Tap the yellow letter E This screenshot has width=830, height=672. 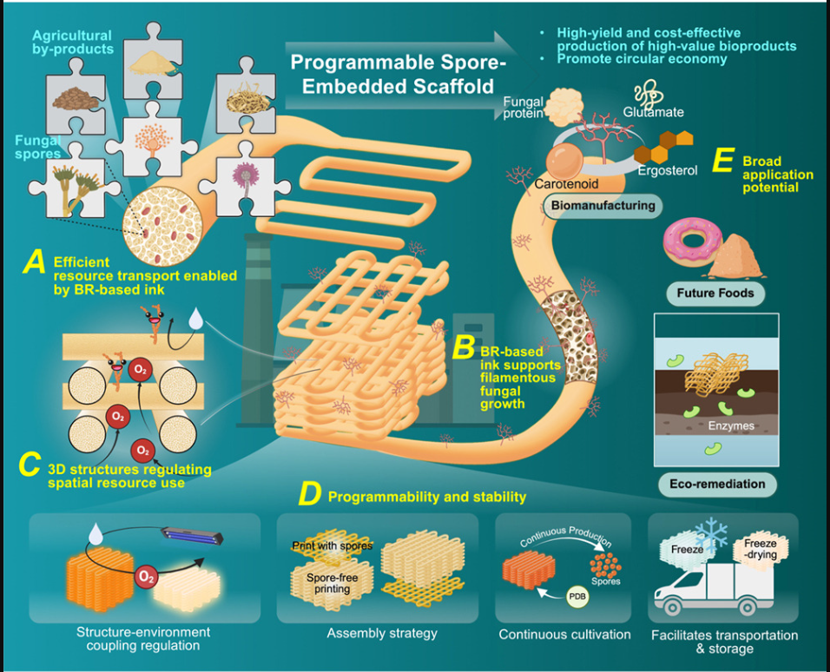[719, 165]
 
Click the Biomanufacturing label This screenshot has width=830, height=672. [601, 206]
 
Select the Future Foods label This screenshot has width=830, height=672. [715, 293]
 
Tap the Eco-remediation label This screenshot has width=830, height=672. [715, 483]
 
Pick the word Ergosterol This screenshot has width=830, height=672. [669, 171]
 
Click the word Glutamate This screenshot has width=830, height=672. [653, 112]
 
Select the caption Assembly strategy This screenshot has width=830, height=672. [382, 634]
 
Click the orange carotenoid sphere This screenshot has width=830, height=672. [563, 159]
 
